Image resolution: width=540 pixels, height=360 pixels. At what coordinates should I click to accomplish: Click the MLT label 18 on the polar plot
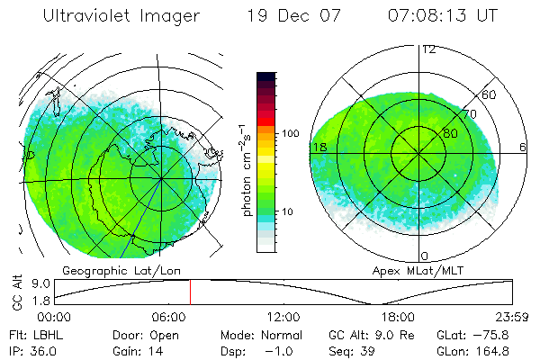319,147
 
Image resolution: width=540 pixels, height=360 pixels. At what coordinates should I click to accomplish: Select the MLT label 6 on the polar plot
523,147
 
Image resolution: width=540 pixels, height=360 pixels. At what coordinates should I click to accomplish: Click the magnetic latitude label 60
489,94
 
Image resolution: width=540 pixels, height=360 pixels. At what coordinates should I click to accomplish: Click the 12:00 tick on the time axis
283,318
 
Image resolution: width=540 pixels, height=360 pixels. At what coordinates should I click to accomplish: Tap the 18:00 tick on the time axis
398,318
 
